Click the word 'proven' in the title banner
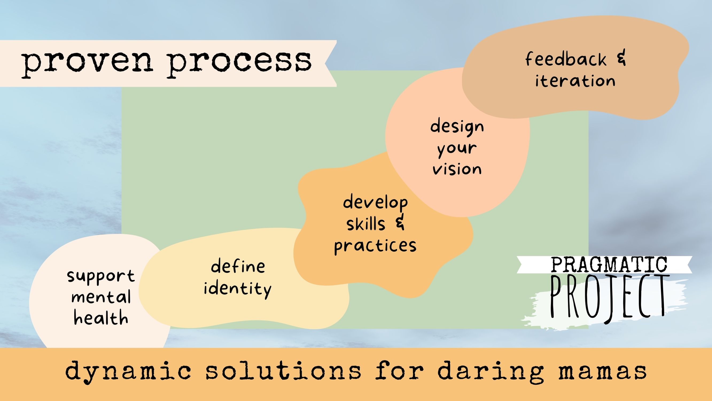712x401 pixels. (x=87, y=63)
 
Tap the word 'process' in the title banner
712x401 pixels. (x=239, y=63)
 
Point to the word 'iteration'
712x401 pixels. (x=575, y=81)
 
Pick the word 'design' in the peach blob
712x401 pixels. (x=457, y=127)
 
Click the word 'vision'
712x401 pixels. (x=457, y=169)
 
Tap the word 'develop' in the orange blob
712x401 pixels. (x=375, y=202)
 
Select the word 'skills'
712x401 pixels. (x=366, y=224)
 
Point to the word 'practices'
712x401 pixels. (x=375, y=246)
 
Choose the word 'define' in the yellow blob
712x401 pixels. (x=238, y=266)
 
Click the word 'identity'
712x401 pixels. (x=238, y=289)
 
